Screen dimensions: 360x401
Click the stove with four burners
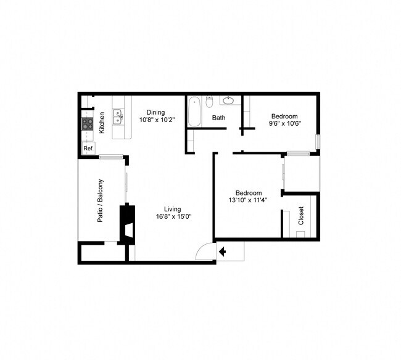(x=88, y=124)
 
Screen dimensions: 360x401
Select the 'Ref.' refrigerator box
(x=88, y=149)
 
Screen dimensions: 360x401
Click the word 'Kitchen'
(x=102, y=123)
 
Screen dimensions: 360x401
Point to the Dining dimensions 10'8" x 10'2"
(x=156, y=120)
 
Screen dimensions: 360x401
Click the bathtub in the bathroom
(x=194, y=112)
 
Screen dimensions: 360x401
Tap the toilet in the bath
(x=210, y=102)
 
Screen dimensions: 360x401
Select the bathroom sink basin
(x=228, y=100)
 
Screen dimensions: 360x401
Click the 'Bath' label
(x=219, y=118)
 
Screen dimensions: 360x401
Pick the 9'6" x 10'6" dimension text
(x=284, y=124)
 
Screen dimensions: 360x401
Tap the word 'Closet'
(x=301, y=216)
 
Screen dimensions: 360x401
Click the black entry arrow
(x=222, y=251)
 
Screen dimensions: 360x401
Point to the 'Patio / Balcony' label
(x=101, y=200)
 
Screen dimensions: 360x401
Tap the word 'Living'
(x=172, y=208)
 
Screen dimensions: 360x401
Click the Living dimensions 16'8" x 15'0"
(x=173, y=216)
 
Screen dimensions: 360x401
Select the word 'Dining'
(x=155, y=112)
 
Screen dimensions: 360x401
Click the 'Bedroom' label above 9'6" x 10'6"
(x=284, y=116)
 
